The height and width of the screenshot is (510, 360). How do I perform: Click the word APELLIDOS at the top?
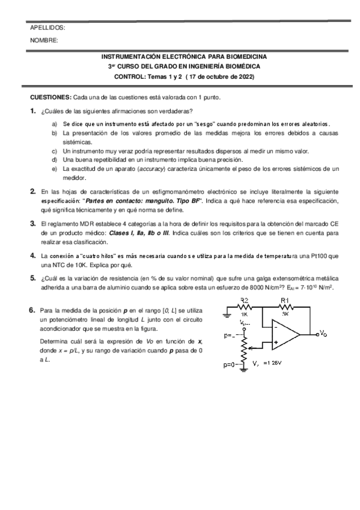click(x=47, y=28)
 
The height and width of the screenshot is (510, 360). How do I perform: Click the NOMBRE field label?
click(x=44, y=40)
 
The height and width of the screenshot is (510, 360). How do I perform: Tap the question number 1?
click(x=32, y=111)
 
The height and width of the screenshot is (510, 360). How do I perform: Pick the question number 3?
click(x=32, y=223)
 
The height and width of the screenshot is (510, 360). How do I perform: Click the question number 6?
click(x=32, y=311)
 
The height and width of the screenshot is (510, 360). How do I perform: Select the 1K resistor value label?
click(x=245, y=313)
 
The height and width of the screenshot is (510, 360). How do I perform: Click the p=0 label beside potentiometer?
click(x=230, y=364)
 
